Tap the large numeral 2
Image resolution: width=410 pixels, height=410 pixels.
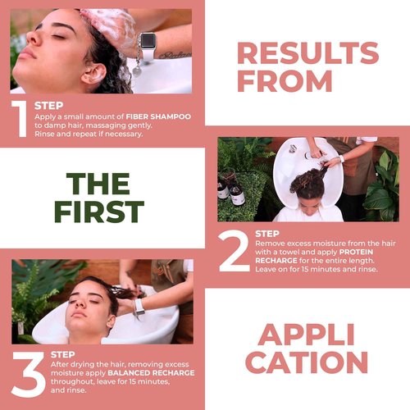coord(234,252)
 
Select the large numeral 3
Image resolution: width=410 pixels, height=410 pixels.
coord(26,374)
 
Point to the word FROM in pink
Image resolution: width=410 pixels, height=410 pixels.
coord(285,81)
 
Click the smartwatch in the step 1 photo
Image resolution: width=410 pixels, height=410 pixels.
coord(148,40)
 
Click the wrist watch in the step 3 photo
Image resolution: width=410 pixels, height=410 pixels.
coord(139,305)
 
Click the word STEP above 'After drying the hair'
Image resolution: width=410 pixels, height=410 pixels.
coord(63,355)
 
